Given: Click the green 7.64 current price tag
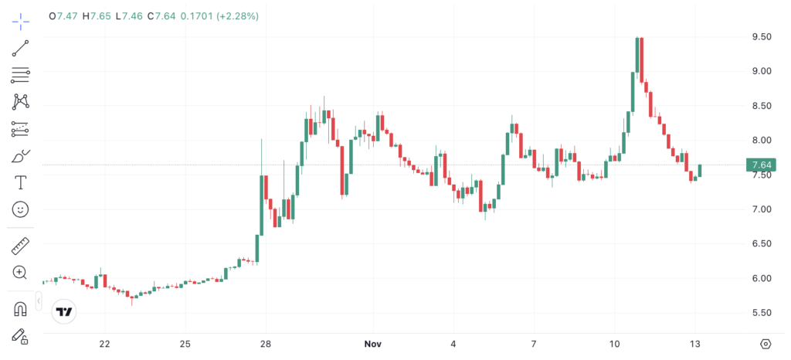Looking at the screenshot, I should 761,165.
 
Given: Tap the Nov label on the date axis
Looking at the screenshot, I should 374,343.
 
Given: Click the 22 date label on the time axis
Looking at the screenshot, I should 105,343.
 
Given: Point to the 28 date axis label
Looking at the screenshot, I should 265,343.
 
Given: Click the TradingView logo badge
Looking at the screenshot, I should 64,312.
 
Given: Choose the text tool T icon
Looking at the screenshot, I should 20,182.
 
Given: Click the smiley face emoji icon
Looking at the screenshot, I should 20,209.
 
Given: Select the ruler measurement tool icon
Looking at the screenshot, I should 20,246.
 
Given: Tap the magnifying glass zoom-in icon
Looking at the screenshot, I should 20,272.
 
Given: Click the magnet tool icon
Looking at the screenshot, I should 20,309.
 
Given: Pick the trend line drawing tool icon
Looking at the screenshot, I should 20,49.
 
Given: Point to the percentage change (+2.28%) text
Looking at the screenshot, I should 237,15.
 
